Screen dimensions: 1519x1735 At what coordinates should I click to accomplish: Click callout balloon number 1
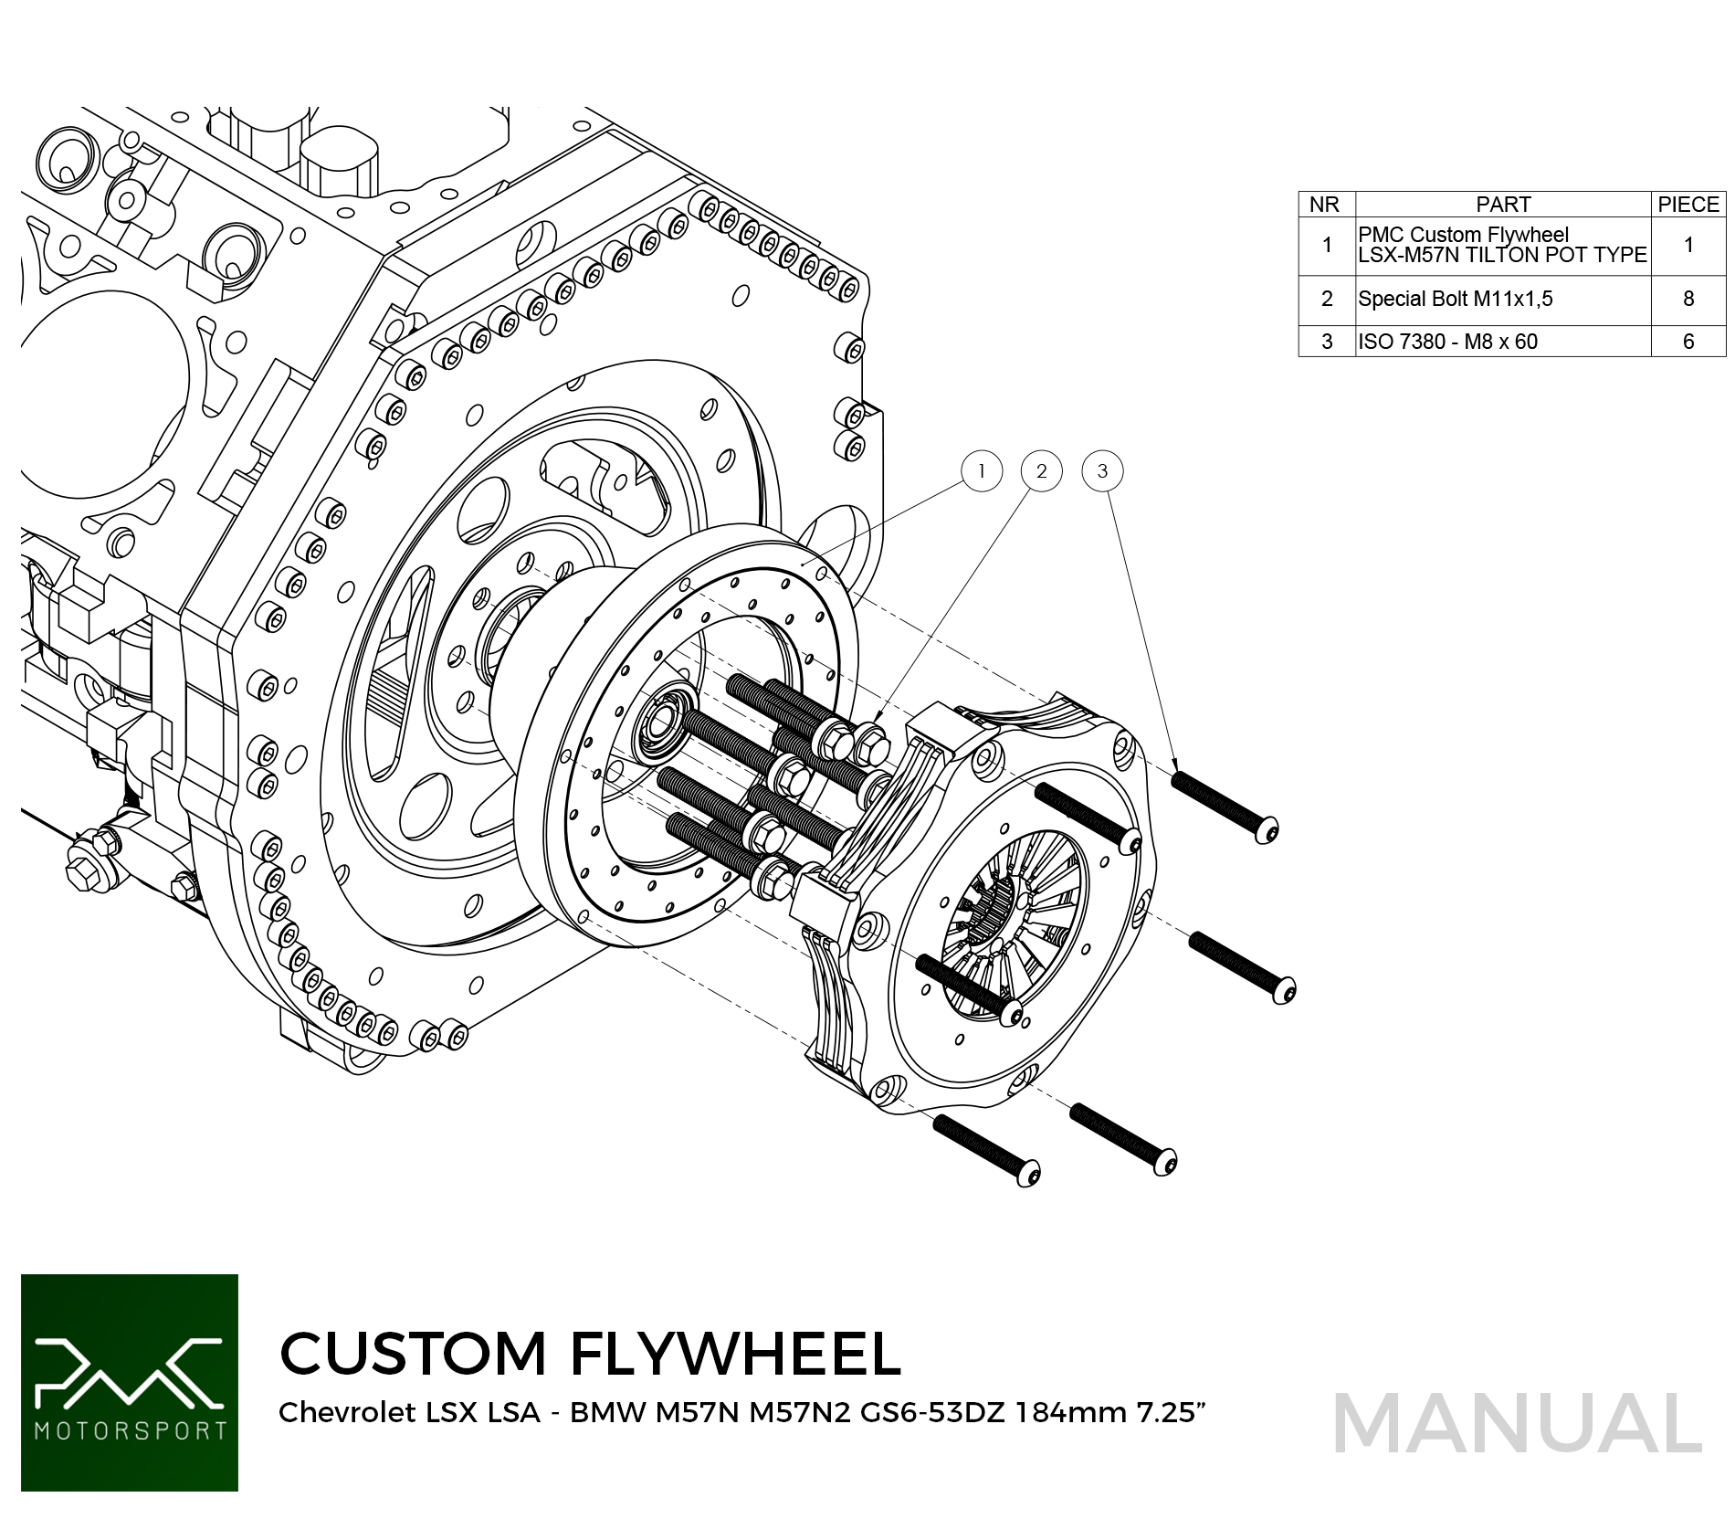click(x=982, y=471)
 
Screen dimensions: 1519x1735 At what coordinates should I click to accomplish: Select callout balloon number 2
click(x=1041, y=471)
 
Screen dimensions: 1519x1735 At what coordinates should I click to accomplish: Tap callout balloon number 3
click(x=1102, y=471)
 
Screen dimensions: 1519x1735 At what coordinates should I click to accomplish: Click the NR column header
click(x=1325, y=205)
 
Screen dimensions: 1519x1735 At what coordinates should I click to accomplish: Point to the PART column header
click(x=1503, y=205)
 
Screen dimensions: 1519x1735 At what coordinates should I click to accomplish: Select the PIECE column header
click(x=1688, y=205)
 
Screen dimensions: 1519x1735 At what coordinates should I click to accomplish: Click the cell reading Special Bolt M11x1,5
click(x=1456, y=299)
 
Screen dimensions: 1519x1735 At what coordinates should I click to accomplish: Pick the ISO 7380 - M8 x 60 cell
click(x=1448, y=342)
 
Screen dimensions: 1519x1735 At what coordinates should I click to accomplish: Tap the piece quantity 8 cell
click(x=1688, y=299)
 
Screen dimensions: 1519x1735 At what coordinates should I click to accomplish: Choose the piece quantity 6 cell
click(x=1688, y=342)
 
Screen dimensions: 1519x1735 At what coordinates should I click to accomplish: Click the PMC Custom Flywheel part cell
click(x=1502, y=245)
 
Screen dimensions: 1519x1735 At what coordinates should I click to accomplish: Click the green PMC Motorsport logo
click(x=130, y=1382)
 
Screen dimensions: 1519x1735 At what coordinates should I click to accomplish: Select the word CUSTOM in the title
click(x=413, y=1354)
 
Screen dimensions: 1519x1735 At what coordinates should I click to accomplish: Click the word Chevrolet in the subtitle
click(x=347, y=1413)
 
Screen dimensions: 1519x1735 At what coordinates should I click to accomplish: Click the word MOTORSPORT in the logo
click(x=130, y=1429)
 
